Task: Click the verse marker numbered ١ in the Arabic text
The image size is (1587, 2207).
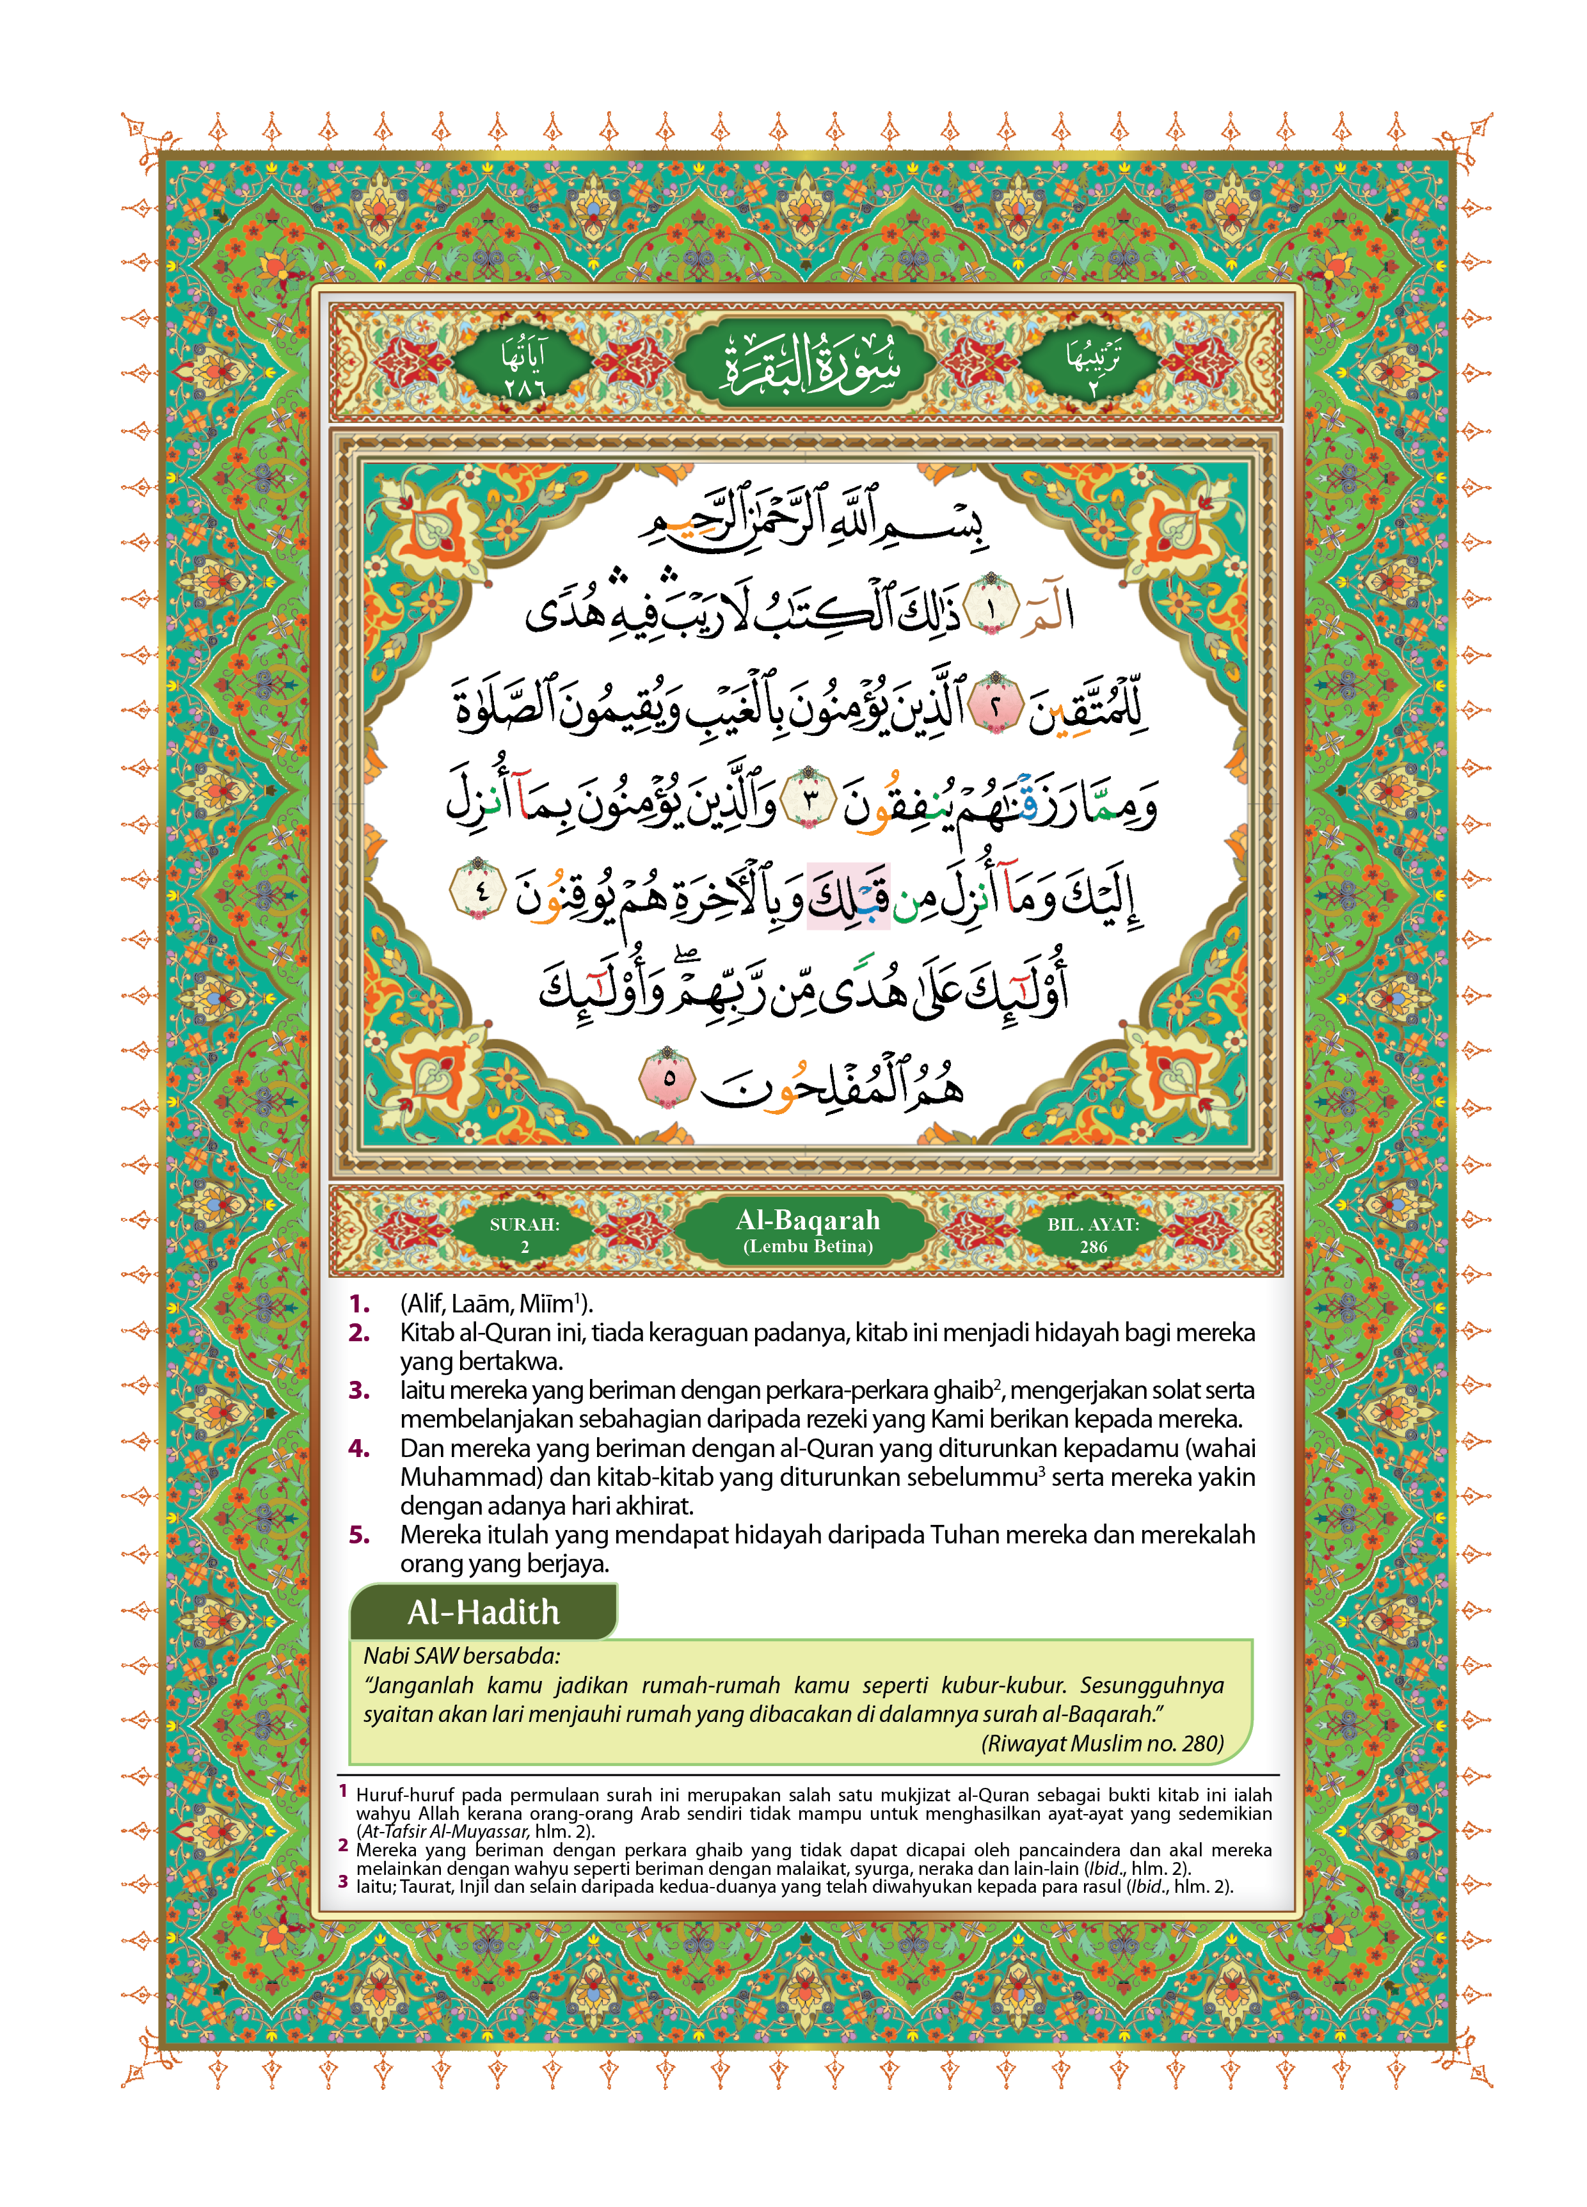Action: pos(991,609)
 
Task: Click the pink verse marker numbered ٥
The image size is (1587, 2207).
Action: pos(667,1078)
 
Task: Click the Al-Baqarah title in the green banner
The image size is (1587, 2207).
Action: pos(808,1219)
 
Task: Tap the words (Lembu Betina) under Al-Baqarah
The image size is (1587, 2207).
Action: pos(808,1247)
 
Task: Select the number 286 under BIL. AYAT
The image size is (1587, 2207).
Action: pos(1093,1247)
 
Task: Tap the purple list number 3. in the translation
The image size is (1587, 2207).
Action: pos(359,1390)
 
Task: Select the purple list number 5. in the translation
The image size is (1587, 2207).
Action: pos(359,1534)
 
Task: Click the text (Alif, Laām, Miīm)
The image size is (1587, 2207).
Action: pos(496,1304)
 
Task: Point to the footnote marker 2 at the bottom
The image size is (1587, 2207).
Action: pos(342,1845)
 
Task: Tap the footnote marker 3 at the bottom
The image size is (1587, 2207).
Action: pos(342,1882)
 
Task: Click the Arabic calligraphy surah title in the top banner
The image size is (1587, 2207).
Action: pos(808,365)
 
